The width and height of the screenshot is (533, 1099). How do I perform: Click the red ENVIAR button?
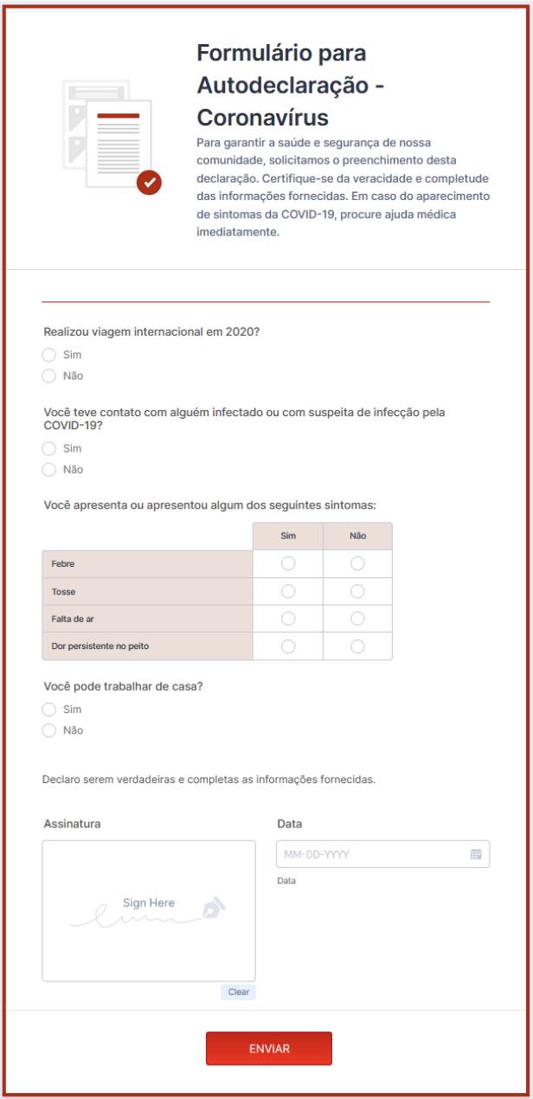[268, 1048]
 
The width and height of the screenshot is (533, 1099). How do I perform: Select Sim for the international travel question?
[49, 355]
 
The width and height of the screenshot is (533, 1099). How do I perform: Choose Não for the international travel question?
[49, 376]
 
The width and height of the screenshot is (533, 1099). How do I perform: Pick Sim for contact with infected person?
[49, 448]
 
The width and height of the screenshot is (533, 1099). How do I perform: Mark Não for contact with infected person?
[49, 469]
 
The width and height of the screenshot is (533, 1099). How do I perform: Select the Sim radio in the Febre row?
[288, 563]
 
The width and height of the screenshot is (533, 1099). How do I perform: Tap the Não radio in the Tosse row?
[357, 591]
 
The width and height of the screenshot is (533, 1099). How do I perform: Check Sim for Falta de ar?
[288, 619]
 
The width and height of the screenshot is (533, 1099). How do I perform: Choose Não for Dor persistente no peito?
[357, 646]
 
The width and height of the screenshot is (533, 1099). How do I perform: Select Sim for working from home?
[49, 710]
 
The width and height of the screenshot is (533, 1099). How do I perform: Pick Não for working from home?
[49, 730]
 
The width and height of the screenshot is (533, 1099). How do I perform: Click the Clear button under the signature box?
[238, 993]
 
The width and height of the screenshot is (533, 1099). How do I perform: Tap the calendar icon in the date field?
[476, 854]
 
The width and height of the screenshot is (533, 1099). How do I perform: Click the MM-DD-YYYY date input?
[372, 854]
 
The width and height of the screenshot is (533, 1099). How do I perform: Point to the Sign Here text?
[149, 903]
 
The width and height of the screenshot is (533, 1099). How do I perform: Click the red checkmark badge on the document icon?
[150, 182]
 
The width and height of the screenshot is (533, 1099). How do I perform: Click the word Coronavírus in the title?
[263, 117]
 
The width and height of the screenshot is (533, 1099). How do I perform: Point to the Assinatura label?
[72, 824]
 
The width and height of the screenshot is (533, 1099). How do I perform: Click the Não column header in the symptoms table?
[357, 536]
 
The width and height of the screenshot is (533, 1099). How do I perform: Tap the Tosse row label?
[63, 592]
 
